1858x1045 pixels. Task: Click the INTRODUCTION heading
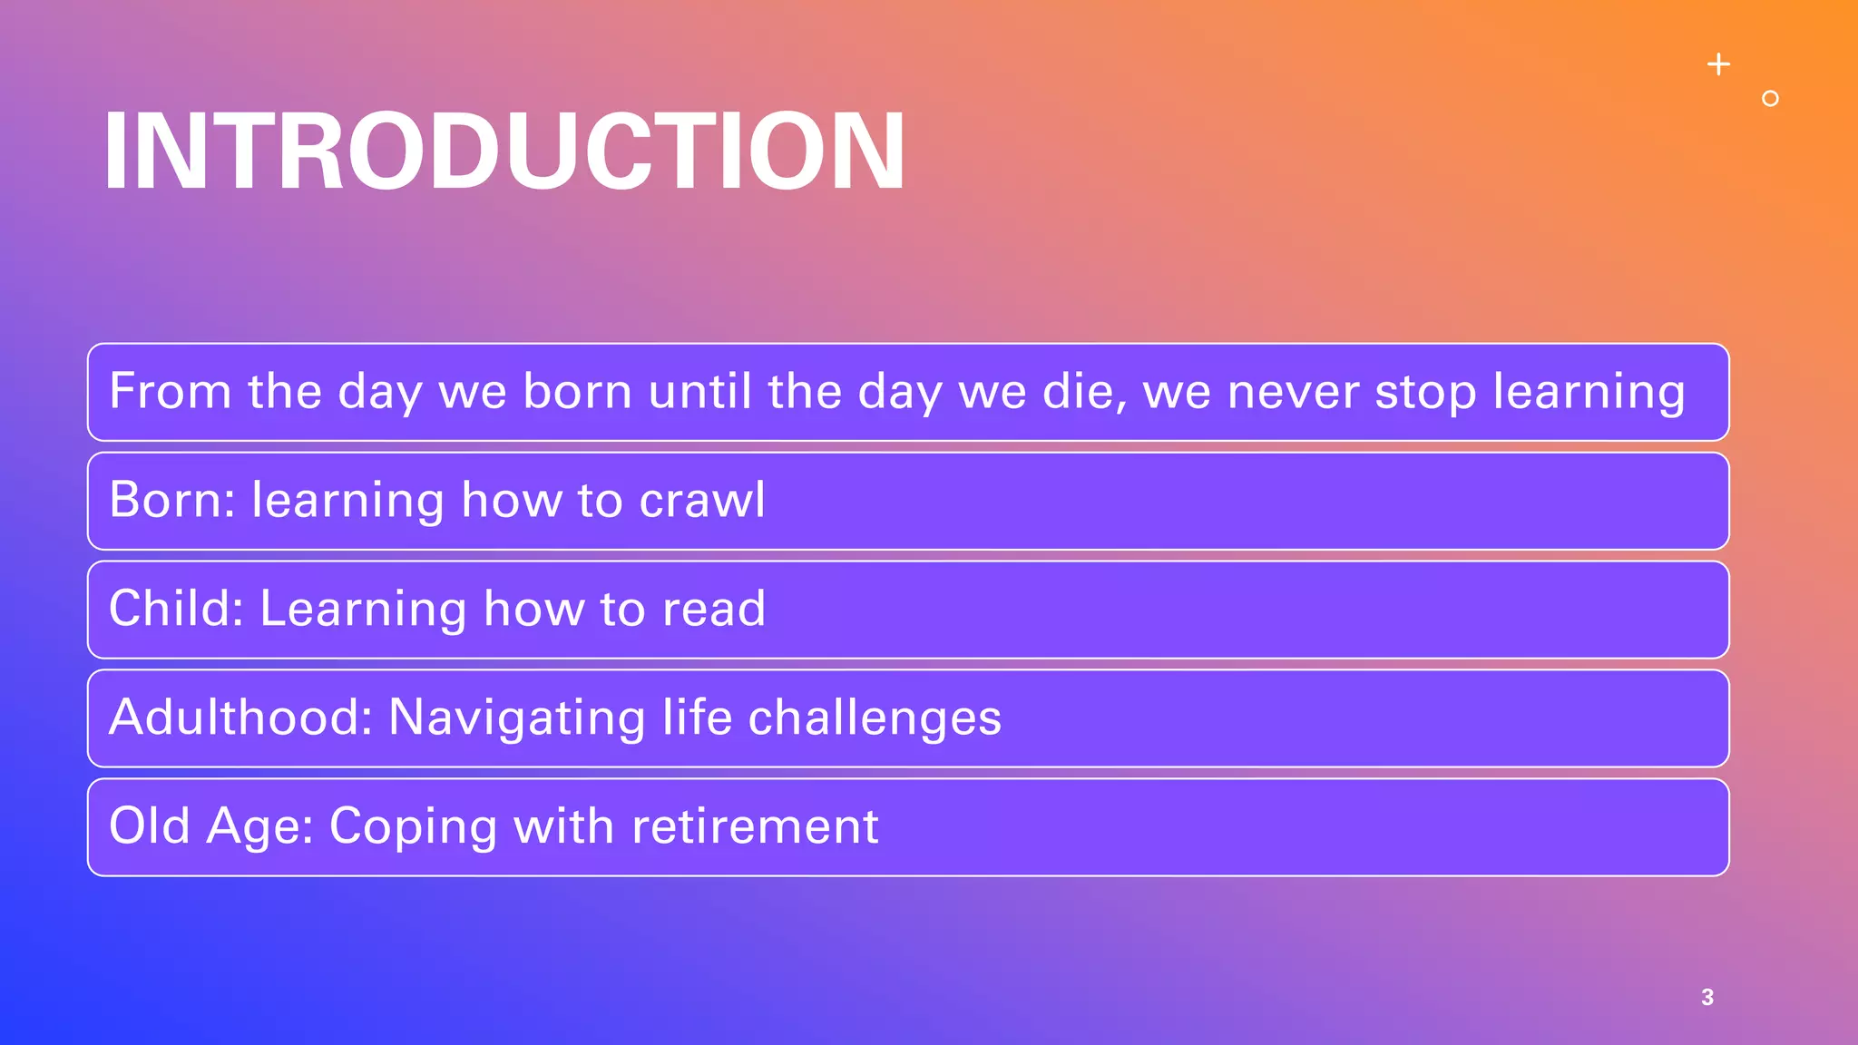(x=504, y=151)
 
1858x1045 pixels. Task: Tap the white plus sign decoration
(x=1718, y=64)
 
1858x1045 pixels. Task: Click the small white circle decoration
(x=1770, y=99)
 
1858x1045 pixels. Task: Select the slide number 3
(x=1707, y=997)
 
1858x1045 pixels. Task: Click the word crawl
(x=702, y=501)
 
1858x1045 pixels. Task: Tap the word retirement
(x=755, y=826)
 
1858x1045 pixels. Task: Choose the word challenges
(x=875, y=718)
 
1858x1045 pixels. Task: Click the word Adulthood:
(x=241, y=718)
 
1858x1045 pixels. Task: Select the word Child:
(x=176, y=609)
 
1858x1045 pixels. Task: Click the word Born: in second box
(x=172, y=501)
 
